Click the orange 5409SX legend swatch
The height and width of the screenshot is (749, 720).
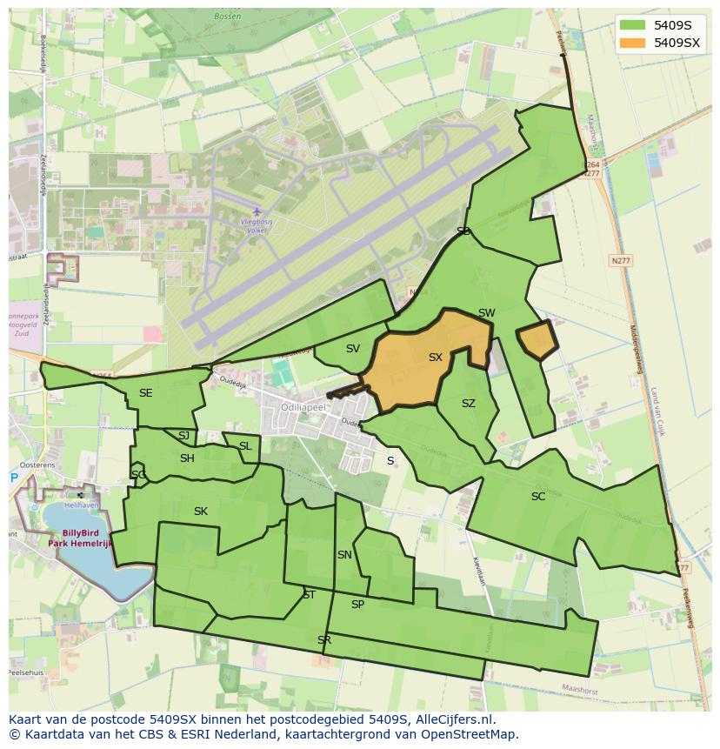coord(634,41)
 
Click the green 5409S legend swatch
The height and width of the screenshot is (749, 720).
coord(634,24)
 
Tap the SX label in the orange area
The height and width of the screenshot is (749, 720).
coord(436,358)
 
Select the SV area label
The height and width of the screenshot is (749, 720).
coord(352,349)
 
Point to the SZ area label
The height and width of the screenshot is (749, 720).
coord(469,404)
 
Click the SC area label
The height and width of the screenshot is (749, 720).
coord(538,497)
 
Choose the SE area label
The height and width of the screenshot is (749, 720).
coord(145,393)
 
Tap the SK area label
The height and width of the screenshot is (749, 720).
coord(201,512)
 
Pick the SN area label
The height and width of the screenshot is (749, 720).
coord(344,555)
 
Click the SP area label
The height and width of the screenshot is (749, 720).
coord(357,605)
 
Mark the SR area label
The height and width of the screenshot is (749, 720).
coord(324,640)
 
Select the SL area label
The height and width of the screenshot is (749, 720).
coord(245,446)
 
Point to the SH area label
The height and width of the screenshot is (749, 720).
coord(187,458)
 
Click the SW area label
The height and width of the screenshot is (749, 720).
coord(486,313)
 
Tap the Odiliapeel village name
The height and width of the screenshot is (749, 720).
coord(303,406)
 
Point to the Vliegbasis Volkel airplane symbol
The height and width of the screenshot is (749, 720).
coord(256,211)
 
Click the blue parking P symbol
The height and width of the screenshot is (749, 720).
coord(14,478)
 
